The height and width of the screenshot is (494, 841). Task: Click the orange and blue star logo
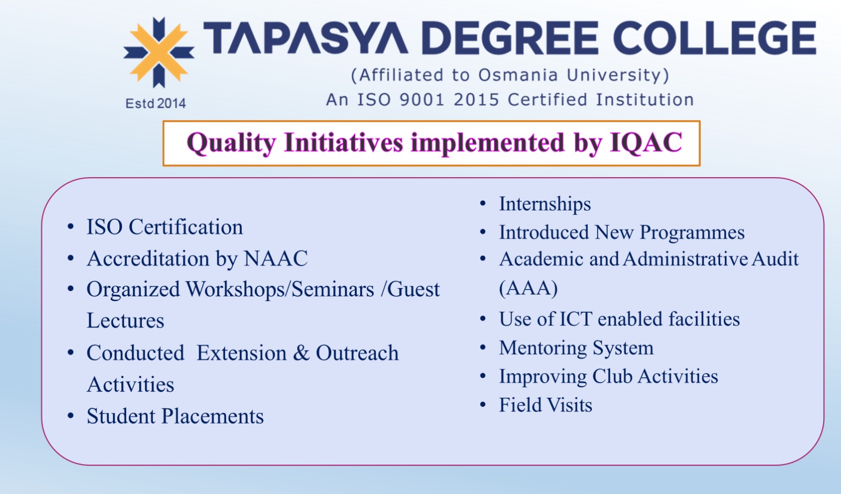pos(159,53)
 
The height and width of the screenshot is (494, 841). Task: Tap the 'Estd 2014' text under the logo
pos(156,103)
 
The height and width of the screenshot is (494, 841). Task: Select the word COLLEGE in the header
pos(715,37)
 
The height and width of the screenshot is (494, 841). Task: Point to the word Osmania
pos(518,75)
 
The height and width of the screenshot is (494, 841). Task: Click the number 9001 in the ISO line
pos(422,100)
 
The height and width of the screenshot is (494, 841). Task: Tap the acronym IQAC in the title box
pos(646,143)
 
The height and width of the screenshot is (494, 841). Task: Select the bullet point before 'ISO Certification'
pos(70,227)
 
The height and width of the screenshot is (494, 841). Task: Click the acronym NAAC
pos(276,259)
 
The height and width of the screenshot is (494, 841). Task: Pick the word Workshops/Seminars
pos(280,290)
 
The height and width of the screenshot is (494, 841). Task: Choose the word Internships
pos(545,204)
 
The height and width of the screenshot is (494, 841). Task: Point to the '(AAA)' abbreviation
pos(528,289)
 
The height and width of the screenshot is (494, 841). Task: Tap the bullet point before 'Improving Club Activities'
pos(483,376)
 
